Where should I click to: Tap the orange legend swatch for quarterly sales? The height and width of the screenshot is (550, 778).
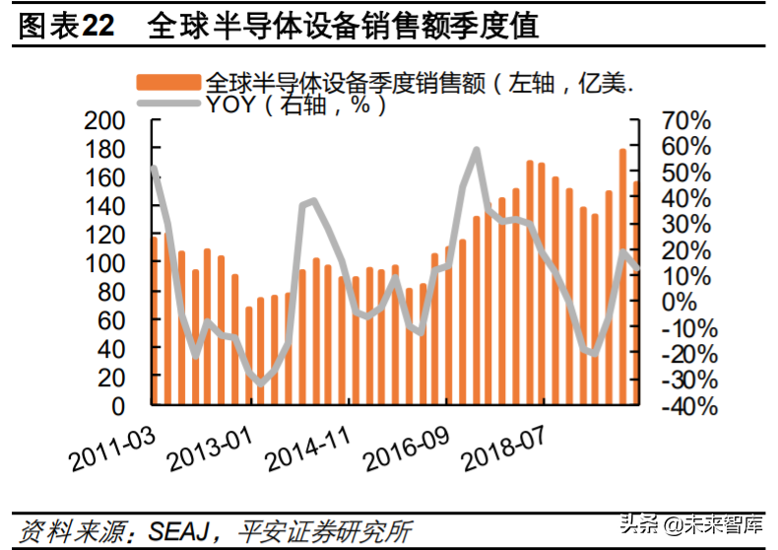point(167,83)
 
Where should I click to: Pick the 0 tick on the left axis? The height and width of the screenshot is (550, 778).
point(117,405)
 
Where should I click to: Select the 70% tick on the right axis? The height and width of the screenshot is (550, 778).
point(685,120)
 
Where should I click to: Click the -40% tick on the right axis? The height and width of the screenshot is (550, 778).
point(685,405)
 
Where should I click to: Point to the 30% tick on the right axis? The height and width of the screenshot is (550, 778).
point(685,224)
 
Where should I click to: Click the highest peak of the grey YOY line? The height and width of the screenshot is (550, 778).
point(477,150)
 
